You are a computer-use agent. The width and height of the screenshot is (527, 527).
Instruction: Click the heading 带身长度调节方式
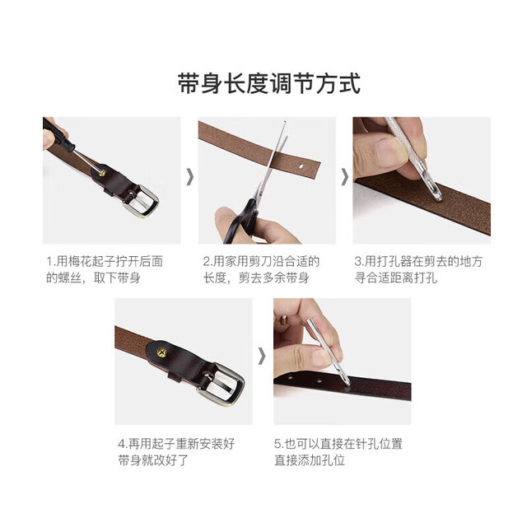tap(269, 83)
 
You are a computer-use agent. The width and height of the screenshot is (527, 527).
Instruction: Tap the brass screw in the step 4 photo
tap(161, 352)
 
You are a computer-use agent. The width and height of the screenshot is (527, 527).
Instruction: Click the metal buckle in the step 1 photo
tap(141, 201)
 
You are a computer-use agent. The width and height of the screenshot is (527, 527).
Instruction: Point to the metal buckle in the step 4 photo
tap(221, 384)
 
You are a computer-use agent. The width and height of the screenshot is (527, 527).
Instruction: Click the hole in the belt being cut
tap(301, 166)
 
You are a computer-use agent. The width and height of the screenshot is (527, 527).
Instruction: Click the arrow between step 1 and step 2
tap(190, 177)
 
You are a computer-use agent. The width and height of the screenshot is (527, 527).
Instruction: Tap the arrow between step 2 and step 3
tap(345, 177)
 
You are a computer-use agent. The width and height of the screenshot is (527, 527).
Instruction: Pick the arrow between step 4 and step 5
tap(262, 357)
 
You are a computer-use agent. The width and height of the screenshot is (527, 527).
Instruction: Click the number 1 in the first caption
tap(49, 262)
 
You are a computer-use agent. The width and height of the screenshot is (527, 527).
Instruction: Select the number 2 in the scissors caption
tap(206, 262)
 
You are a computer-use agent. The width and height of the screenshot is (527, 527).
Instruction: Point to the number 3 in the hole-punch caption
tap(357, 262)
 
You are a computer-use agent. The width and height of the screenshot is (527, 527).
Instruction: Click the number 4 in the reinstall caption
tap(121, 444)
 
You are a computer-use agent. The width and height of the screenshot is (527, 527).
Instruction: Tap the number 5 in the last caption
tap(277, 444)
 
